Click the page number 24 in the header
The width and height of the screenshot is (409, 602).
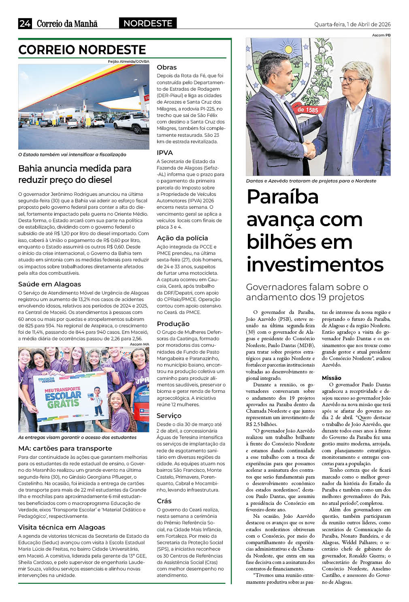pyautogui.click(x=25, y=23)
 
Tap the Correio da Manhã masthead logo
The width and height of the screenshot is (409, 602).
pyautogui.click(x=67, y=24)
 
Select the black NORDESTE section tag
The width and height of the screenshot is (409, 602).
pyautogui.click(x=148, y=23)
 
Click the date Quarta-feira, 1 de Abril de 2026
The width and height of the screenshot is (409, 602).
pyautogui.click(x=352, y=24)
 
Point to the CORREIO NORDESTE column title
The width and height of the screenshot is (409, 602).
pyautogui.click(x=82, y=50)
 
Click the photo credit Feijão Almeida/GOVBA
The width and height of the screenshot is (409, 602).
pyautogui.click(x=128, y=61)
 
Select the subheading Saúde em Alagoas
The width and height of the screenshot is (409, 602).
pyautogui.click(x=49, y=284)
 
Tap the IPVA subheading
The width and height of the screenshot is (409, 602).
pyautogui.click(x=165, y=153)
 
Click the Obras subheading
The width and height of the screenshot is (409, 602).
pyautogui.click(x=167, y=67)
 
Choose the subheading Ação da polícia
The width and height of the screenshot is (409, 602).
pyautogui.click(x=182, y=238)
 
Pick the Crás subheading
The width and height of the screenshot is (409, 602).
pyautogui.click(x=164, y=501)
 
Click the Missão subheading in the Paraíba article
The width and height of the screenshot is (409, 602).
pyautogui.click(x=332, y=377)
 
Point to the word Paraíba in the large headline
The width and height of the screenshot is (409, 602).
pyautogui.click(x=283, y=197)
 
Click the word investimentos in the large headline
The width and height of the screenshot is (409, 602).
pyautogui.click(x=315, y=265)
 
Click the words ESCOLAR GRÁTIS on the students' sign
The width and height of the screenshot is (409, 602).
pyautogui.click(x=63, y=399)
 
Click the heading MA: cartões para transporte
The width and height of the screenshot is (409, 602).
pyautogui.click(x=65, y=448)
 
